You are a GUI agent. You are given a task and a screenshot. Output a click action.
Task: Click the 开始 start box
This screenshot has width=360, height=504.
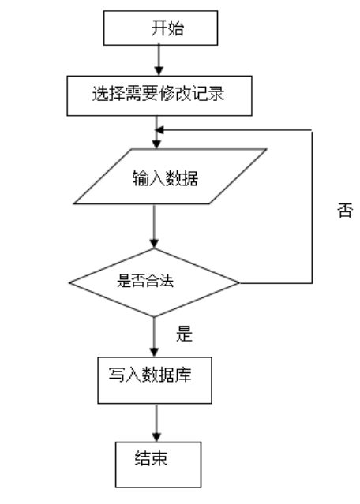tap(160, 28)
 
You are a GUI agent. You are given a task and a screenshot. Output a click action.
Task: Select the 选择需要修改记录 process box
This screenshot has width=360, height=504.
tap(159, 96)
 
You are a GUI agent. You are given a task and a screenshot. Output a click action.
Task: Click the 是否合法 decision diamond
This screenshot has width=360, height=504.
tap(155, 282)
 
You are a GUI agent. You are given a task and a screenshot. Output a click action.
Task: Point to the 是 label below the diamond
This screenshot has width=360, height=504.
tap(184, 334)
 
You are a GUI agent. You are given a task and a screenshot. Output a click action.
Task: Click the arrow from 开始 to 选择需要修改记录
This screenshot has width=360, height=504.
tap(158, 60)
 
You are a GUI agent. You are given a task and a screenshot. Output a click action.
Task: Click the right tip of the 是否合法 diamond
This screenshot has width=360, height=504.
tap(239, 282)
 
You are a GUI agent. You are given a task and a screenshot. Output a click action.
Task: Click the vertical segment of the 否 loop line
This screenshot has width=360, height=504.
tap(313, 205)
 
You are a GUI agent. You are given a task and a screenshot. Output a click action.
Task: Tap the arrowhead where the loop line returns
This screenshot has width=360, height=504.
tap(160, 130)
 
